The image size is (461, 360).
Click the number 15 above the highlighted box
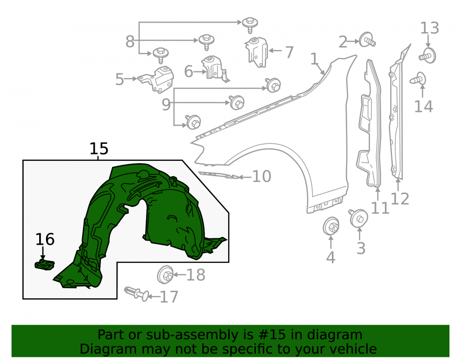click(x=99, y=149)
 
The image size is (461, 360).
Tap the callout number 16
click(x=45, y=239)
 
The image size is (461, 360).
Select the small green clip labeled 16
click(x=45, y=265)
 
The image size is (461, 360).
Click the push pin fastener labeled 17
click(x=137, y=294)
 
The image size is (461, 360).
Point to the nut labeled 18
click(x=165, y=275)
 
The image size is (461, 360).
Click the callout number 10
click(x=262, y=177)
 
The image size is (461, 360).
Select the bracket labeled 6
click(x=215, y=69)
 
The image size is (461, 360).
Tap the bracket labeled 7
click(x=256, y=52)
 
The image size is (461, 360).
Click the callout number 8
click(x=130, y=41)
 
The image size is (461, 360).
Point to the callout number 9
click(x=166, y=104)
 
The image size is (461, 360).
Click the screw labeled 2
click(x=367, y=40)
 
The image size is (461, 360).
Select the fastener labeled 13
click(x=428, y=55)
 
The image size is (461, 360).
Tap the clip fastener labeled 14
click(x=418, y=79)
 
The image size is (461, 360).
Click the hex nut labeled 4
click(x=331, y=226)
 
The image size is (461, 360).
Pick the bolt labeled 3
click(x=358, y=218)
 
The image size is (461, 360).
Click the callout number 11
click(x=380, y=208)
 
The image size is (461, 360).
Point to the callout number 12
click(x=400, y=199)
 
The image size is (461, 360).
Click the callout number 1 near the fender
click(x=314, y=59)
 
